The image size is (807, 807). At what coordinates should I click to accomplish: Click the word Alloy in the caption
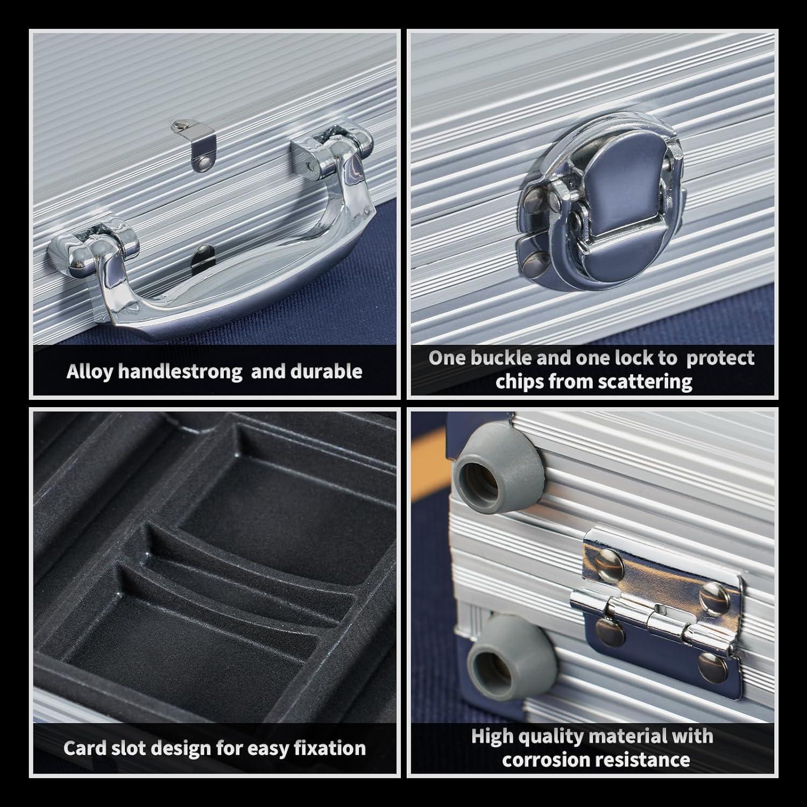(x=90, y=372)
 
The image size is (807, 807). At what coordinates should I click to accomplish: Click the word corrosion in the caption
(x=542, y=760)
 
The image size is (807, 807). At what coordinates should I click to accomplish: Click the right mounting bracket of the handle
(x=332, y=151)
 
